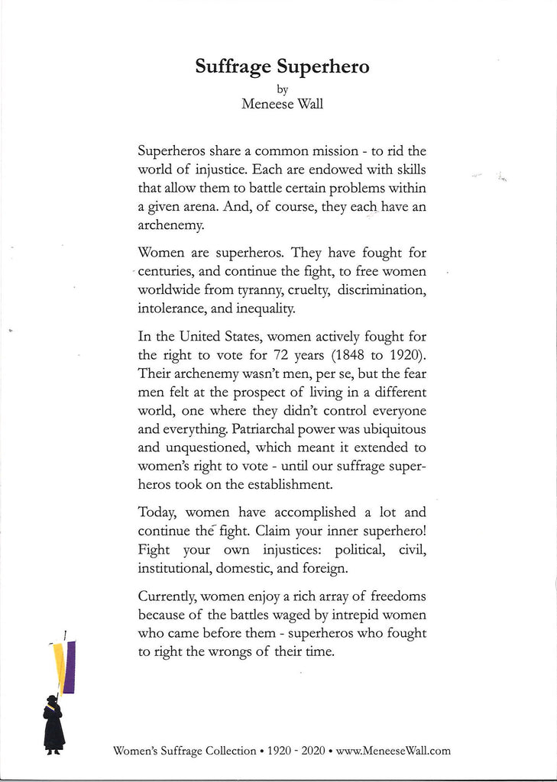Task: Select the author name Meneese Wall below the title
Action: pos(282,105)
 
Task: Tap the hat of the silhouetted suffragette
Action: pos(52,699)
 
